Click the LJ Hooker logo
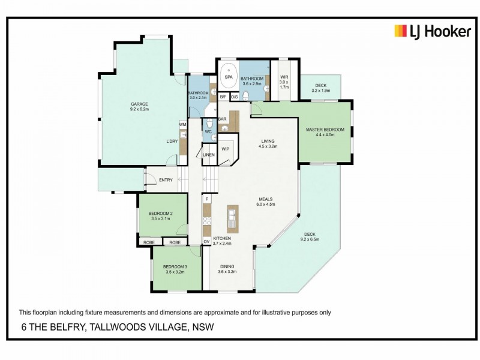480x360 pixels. [x=432, y=31]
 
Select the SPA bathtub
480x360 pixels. [x=228, y=77]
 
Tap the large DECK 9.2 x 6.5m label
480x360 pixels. [x=310, y=236]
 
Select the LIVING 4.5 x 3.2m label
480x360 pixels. [x=268, y=143]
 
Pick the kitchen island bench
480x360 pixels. [x=232, y=219]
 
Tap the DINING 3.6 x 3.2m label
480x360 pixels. [x=226, y=269]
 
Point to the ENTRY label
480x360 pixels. [x=166, y=180]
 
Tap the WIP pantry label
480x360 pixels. [x=226, y=148]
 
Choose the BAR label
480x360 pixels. [x=221, y=119]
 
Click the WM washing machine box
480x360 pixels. [x=182, y=124]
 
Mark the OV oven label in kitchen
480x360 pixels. [x=206, y=241]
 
